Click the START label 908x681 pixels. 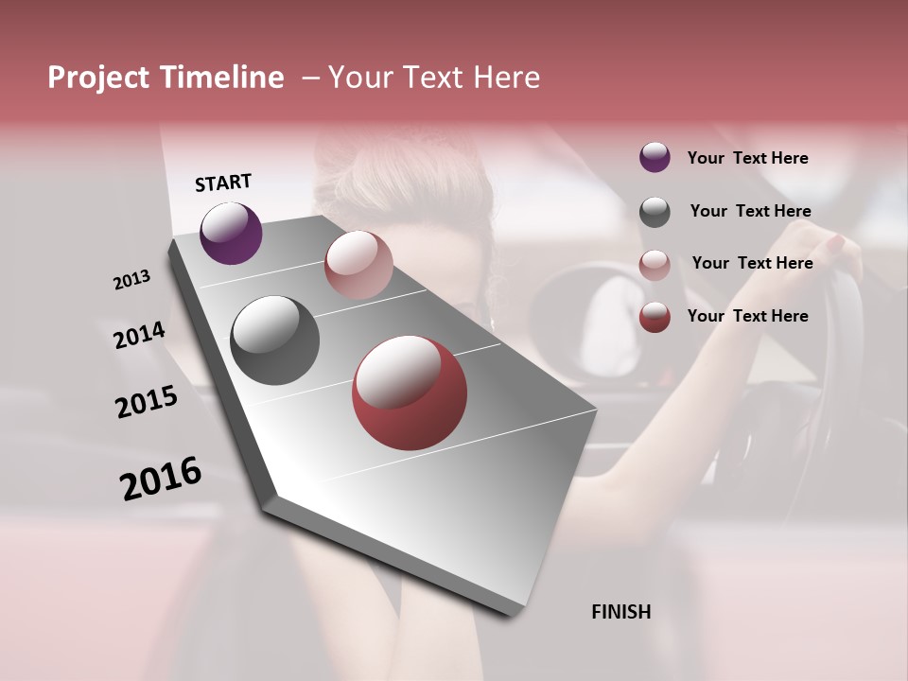pyautogui.click(x=223, y=183)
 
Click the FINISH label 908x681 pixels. pyautogui.click(x=620, y=611)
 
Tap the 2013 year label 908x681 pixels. pyautogui.click(x=131, y=280)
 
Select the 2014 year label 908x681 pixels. pyautogui.click(x=139, y=335)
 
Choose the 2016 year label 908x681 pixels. pyautogui.click(x=160, y=479)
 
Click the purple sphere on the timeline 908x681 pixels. pyautogui.click(x=231, y=233)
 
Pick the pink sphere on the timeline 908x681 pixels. pyautogui.click(x=358, y=264)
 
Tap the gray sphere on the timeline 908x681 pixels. pyautogui.click(x=274, y=340)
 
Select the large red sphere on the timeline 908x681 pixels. pyautogui.click(x=410, y=393)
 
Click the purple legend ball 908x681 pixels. pyautogui.click(x=655, y=157)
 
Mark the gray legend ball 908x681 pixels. pyautogui.click(x=655, y=211)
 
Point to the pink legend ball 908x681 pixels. pyautogui.click(x=655, y=264)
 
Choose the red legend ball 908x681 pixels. pyautogui.click(x=655, y=317)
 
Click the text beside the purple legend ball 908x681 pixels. pyautogui.click(x=747, y=158)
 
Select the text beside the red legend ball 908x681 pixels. pyautogui.click(x=747, y=316)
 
